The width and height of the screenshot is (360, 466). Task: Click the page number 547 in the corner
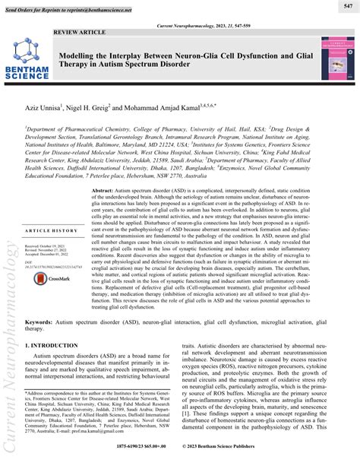coord(346,6)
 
